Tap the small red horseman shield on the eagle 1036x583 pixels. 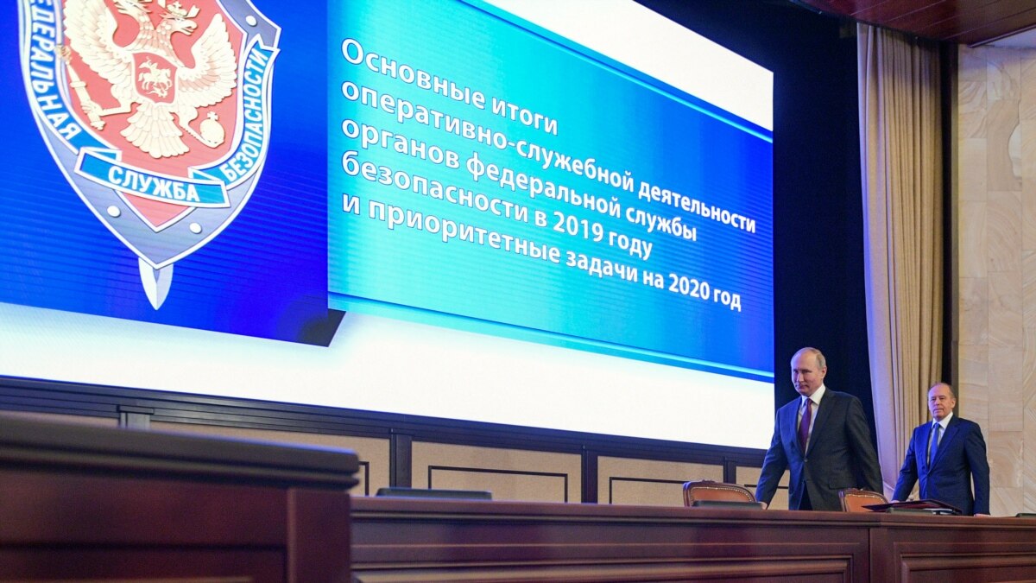click(154, 77)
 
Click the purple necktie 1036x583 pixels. click(805, 424)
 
